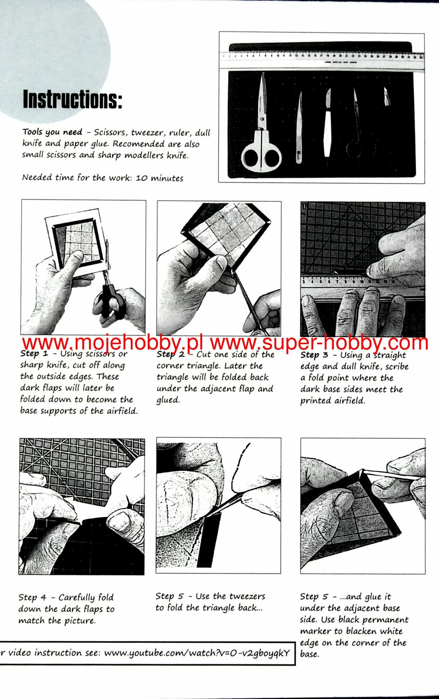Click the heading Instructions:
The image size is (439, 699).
coord(72,99)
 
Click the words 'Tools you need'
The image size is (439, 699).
coord(53,132)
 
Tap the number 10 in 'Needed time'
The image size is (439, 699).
coord(142,178)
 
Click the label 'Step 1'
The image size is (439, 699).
coord(34,354)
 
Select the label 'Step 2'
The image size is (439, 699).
coord(170,355)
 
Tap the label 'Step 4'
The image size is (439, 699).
coord(32,597)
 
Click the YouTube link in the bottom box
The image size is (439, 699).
coord(197,653)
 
